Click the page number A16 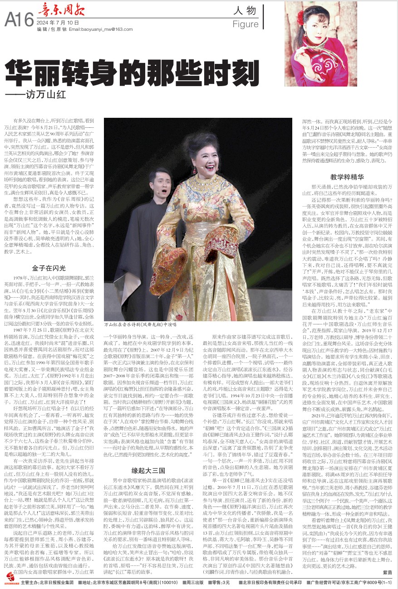19,19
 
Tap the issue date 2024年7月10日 58,22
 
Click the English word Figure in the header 245,24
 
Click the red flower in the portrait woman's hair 300,18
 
